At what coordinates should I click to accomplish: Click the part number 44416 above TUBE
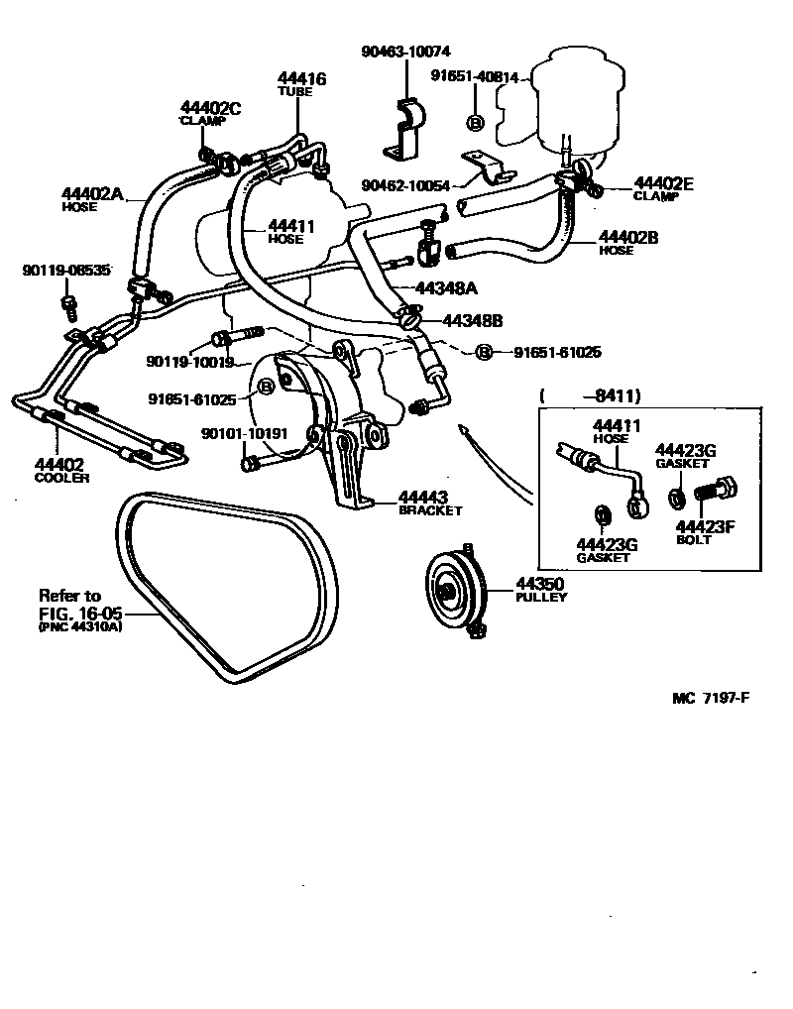pyautogui.click(x=301, y=79)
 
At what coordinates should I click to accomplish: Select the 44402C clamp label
pyautogui.click(x=210, y=108)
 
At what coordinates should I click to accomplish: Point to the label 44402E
pyautogui.click(x=663, y=182)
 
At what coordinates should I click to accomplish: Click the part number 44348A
pyautogui.click(x=446, y=287)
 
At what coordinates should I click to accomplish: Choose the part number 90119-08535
pyautogui.click(x=66, y=270)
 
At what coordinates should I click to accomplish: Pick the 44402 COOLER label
pyautogui.click(x=59, y=464)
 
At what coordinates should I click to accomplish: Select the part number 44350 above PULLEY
pyautogui.click(x=540, y=585)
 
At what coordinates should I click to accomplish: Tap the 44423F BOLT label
pyautogui.click(x=705, y=526)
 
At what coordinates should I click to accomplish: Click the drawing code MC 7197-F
pyautogui.click(x=710, y=698)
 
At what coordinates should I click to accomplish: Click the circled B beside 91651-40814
pyautogui.click(x=474, y=122)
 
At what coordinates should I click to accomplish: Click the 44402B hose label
pyautogui.click(x=629, y=238)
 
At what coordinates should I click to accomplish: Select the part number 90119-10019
pyautogui.click(x=188, y=362)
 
